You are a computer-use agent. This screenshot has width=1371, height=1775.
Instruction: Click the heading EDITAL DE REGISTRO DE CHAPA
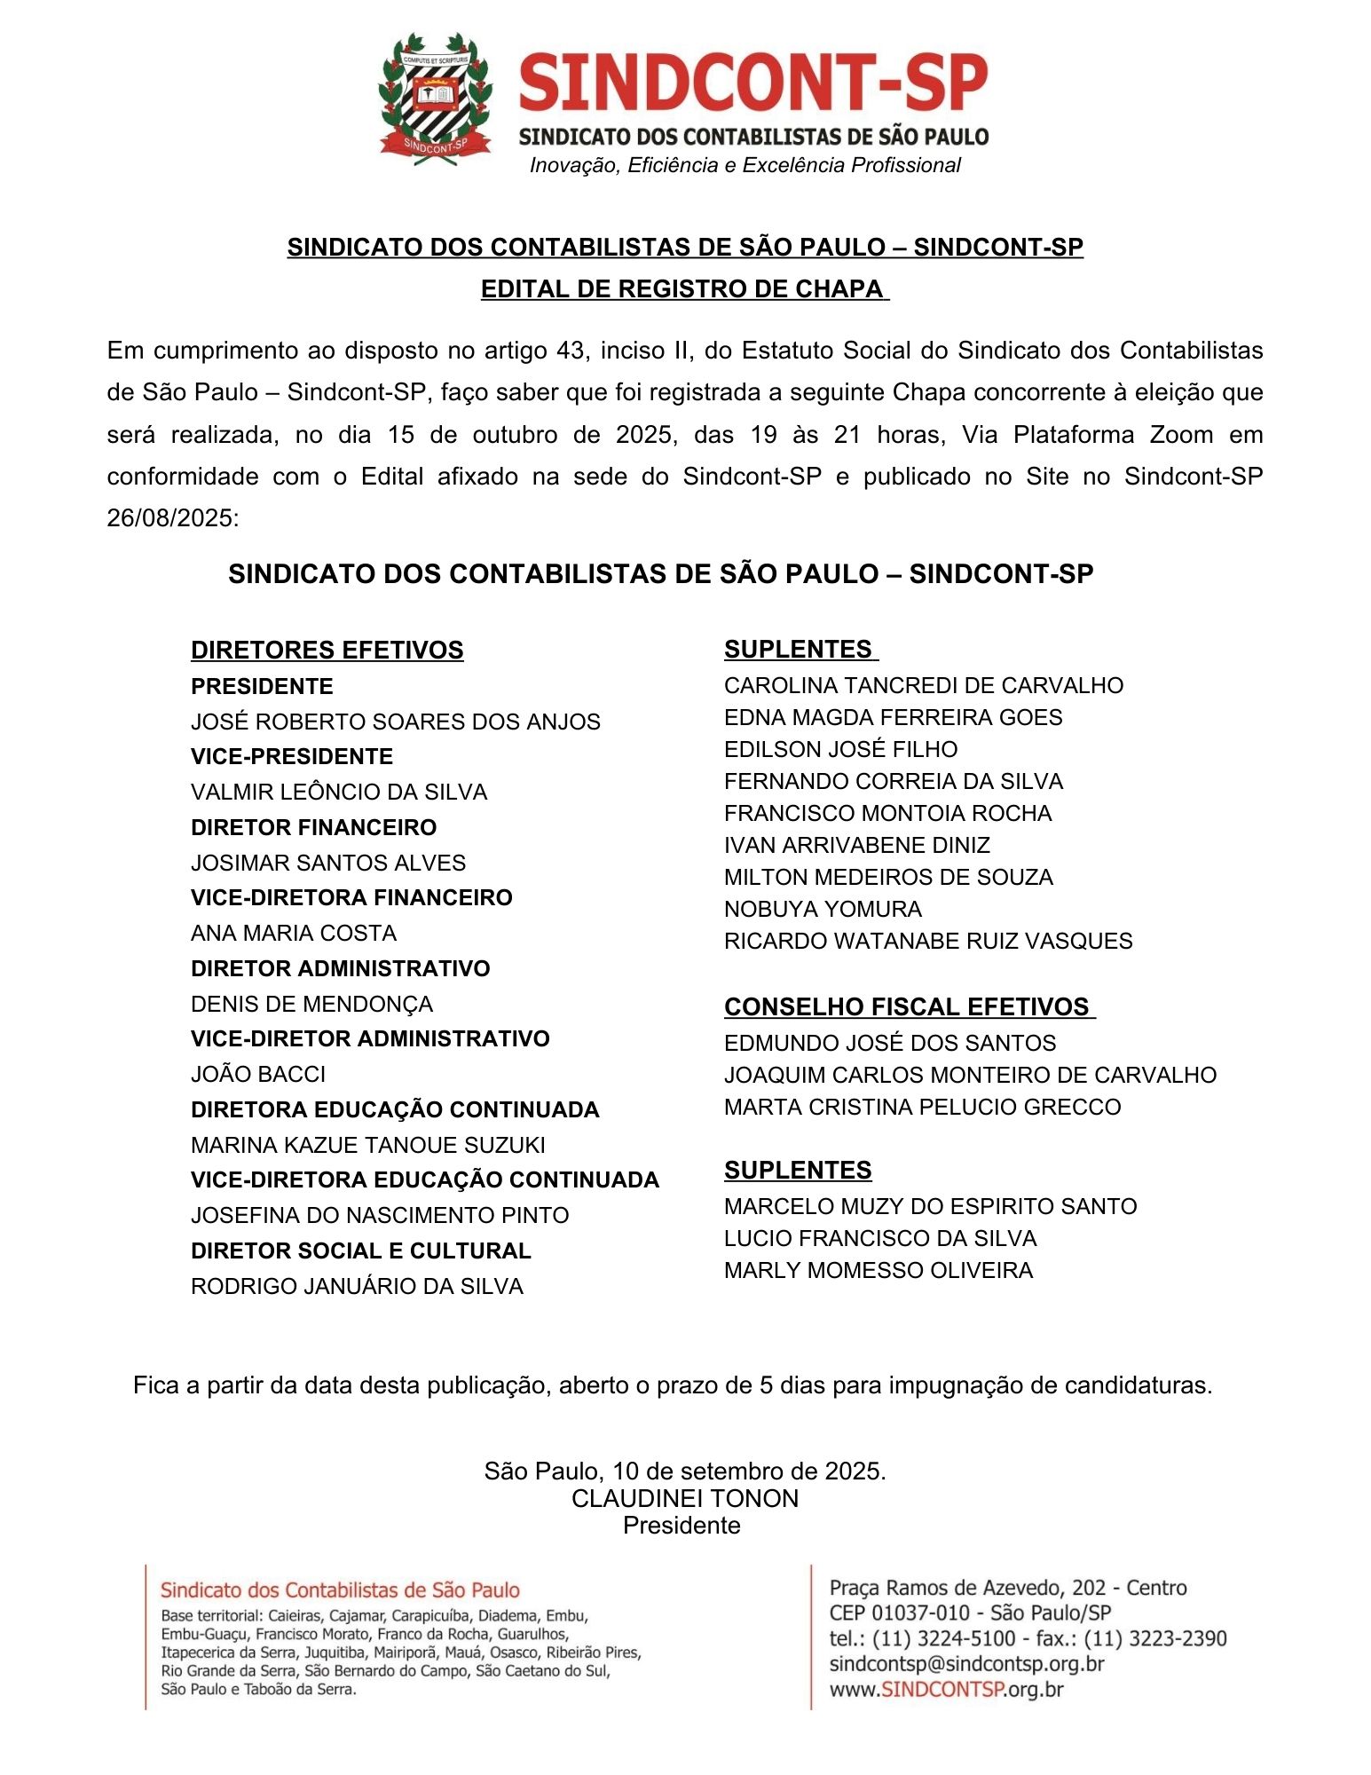(x=683, y=289)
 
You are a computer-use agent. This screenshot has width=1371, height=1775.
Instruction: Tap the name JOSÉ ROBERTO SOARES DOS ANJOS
(x=395, y=722)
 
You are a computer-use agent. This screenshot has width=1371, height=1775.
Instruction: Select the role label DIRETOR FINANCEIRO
(x=313, y=827)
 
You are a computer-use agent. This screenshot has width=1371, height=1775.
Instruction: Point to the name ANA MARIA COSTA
(x=293, y=933)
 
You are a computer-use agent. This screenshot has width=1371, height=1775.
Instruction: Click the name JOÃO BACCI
(x=258, y=1074)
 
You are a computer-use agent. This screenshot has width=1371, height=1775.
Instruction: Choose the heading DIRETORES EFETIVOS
(x=327, y=650)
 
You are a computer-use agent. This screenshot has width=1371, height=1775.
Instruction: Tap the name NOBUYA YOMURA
(x=823, y=909)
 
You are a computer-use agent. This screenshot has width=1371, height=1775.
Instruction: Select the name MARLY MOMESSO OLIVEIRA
(x=878, y=1270)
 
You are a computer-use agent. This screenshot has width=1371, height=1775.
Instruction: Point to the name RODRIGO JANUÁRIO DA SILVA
(x=357, y=1286)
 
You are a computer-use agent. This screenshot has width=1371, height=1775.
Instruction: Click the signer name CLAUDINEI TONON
(x=684, y=1498)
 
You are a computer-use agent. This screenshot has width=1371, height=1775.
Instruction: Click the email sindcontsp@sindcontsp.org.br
(x=966, y=1663)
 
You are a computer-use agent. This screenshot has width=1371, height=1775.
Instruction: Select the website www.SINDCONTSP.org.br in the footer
(x=946, y=1689)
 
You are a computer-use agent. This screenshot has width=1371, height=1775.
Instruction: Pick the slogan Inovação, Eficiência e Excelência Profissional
(x=745, y=165)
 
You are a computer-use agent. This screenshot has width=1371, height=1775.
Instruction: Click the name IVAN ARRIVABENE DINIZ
(x=856, y=845)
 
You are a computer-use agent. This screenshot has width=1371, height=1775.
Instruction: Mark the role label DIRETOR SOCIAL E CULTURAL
(x=360, y=1250)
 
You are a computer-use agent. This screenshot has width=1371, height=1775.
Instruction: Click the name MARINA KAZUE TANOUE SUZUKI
(x=367, y=1145)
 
